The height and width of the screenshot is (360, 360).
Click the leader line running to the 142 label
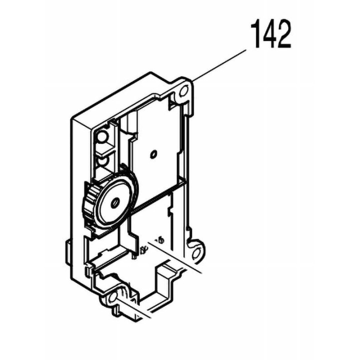coord(220,64)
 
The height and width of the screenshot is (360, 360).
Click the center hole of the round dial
coord(115,202)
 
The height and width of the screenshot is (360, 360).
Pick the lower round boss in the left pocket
coord(102,161)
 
